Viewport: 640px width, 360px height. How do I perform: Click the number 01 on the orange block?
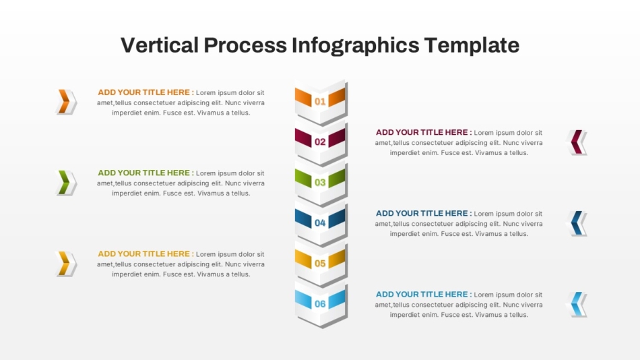pos(320,101)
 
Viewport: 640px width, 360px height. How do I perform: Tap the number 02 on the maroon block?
pos(320,142)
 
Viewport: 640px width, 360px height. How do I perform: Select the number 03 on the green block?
pos(320,182)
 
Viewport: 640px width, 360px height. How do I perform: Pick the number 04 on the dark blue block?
pos(320,222)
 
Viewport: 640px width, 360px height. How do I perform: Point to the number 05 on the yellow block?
pos(320,263)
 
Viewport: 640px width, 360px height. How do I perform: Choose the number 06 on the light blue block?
pos(320,303)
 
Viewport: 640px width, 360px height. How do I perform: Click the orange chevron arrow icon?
pos(66,101)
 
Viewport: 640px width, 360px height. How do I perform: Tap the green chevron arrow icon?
pos(66,182)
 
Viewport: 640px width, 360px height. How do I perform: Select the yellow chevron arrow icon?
pos(66,264)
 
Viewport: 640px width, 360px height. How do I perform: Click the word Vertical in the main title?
pos(160,45)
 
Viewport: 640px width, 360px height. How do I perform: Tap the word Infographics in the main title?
pos(355,46)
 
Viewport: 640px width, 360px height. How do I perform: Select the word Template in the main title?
pos(472,46)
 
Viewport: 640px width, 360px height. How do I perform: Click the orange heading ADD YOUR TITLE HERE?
pos(143,92)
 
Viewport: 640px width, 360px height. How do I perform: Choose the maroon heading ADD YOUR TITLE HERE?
pos(422,132)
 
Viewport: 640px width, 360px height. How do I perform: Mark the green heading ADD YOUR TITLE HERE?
pos(143,173)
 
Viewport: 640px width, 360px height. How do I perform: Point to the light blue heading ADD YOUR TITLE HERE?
pos(422,294)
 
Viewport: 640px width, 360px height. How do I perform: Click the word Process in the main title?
pos(245,45)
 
